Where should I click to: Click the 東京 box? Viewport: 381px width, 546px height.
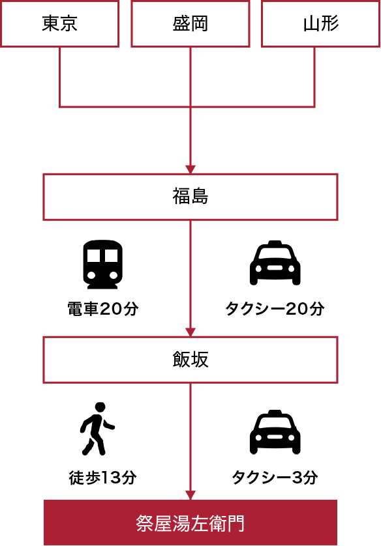(x=59, y=23)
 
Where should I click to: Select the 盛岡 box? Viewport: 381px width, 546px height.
(x=190, y=23)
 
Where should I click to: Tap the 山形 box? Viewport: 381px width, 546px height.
(x=321, y=23)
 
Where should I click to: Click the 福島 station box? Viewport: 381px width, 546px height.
(x=190, y=197)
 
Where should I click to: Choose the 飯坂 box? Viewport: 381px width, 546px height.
(x=190, y=360)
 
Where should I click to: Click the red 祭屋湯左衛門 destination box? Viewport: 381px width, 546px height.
(x=190, y=523)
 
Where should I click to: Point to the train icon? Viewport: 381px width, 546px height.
(x=102, y=264)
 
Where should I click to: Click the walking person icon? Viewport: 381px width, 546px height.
(x=98, y=429)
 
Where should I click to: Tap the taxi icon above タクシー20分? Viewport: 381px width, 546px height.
(x=275, y=263)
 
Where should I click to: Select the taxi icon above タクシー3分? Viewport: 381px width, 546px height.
(x=275, y=432)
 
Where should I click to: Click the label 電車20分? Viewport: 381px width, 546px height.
(x=103, y=309)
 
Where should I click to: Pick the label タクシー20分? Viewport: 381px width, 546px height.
(x=275, y=309)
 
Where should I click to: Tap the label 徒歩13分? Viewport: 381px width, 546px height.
(x=103, y=478)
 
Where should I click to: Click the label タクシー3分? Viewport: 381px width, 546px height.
(x=275, y=478)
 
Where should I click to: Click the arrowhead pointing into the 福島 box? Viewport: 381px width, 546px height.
(x=190, y=169)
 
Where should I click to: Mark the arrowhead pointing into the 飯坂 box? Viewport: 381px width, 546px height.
(x=190, y=332)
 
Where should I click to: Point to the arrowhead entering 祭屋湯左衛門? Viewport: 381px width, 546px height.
(x=190, y=495)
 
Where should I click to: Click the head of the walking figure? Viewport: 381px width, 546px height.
(x=100, y=407)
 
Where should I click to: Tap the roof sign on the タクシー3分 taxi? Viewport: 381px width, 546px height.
(x=275, y=412)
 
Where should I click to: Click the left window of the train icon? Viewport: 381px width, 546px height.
(x=94, y=255)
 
